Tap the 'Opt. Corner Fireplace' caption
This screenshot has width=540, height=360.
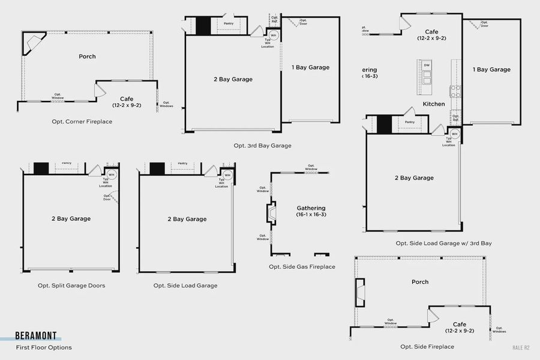[x=82, y=121]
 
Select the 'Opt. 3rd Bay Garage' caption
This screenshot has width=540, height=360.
[x=262, y=145]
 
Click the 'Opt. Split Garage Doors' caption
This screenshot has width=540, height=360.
[x=71, y=286]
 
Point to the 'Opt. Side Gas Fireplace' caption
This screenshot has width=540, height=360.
[x=302, y=266]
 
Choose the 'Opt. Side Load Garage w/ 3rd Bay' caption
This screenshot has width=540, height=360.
[x=443, y=243]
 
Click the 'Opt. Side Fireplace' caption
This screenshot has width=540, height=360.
[x=427, y=346]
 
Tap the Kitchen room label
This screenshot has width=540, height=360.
[x=434, y=104]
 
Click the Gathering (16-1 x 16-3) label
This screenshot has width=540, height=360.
[x=311, y=211]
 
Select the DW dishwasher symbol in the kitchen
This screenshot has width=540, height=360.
[x=427, y=65]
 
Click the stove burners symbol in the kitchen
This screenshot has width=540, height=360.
[x=455, y=91]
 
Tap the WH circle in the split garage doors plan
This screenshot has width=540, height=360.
[x=111, y=174]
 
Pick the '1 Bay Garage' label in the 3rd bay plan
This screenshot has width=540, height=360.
[x=310, y=67]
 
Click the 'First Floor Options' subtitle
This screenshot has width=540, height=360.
[x=44, y=347]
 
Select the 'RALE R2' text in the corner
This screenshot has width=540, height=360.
[x=521, y=347]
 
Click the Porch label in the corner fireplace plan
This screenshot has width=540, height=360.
[x=87, y=56]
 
